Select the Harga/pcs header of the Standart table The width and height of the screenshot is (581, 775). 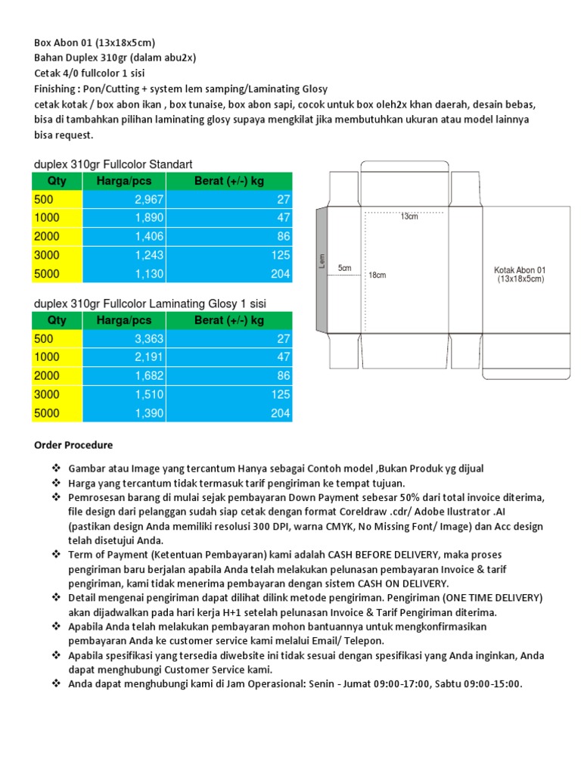(124, 181)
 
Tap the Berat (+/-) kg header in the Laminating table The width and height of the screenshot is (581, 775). (229, 320)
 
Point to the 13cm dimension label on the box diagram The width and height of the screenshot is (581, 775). (409, 216)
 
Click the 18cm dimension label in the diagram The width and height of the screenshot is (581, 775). (377, 275)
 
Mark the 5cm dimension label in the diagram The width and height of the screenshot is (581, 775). (345, 268)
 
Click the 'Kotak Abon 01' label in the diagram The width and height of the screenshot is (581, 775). (520, 269)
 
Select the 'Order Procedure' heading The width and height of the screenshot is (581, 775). (73, 445)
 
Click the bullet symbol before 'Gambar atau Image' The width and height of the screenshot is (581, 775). (57, 468)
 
